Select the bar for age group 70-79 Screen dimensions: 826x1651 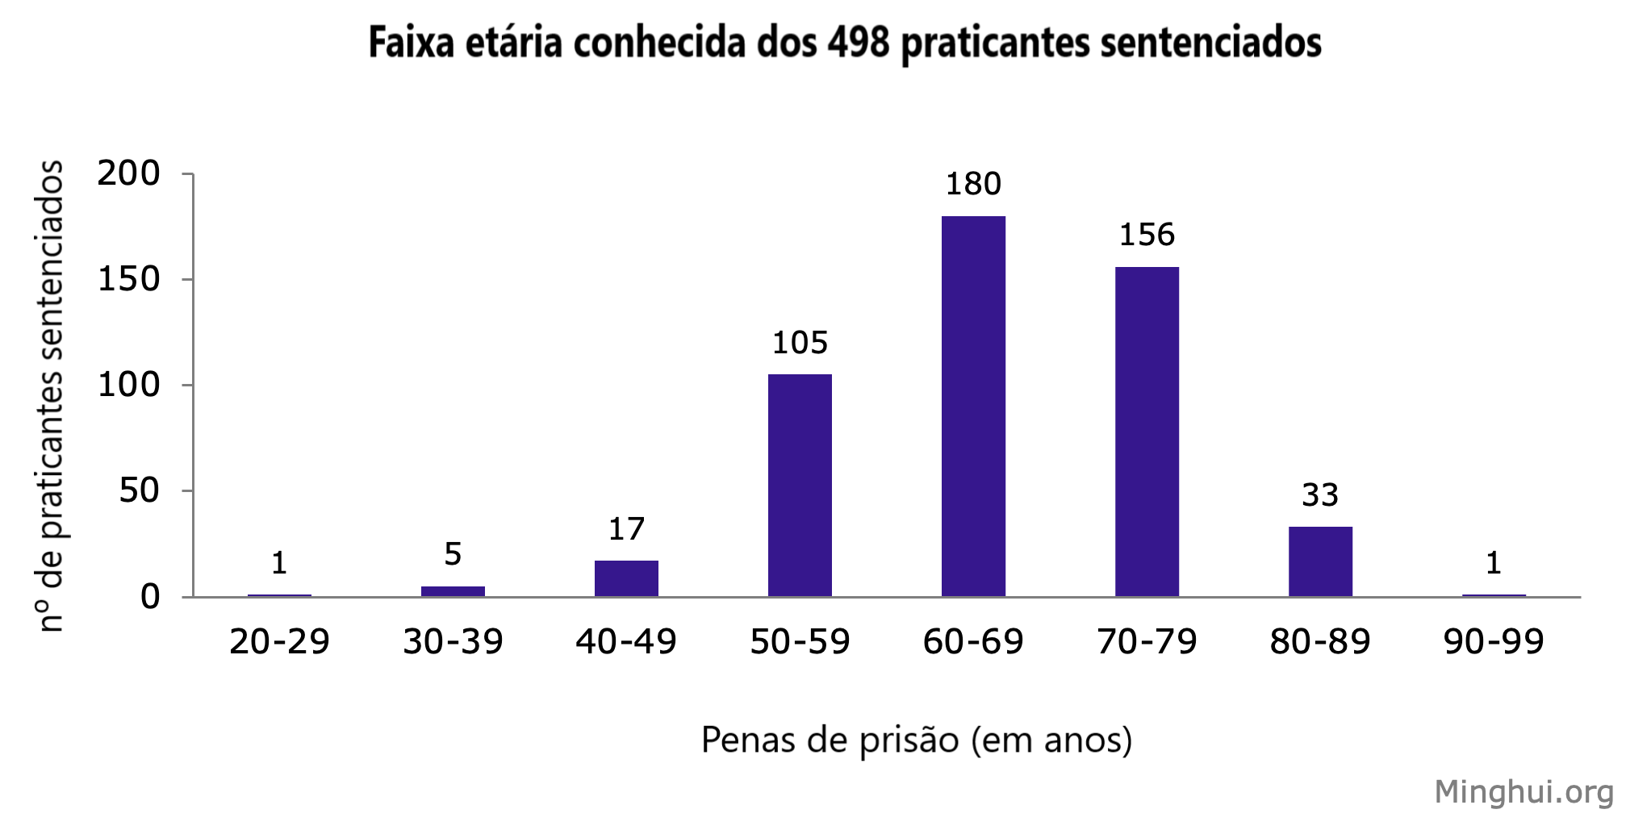coord(1147,432)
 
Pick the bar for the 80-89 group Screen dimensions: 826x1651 coord(1320,561)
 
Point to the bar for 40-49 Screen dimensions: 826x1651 coord(626,578)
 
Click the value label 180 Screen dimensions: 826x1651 coord(973,185)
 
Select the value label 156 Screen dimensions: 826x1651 coord(1147,236)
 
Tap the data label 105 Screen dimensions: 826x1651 coord(800,344)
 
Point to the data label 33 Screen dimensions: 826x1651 coord(1320,495)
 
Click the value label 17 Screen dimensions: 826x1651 coord(626,529)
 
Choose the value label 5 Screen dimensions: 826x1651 coord(453,554)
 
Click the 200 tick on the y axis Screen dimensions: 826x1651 coord(129,173)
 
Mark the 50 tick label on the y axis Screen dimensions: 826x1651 coord(139,490)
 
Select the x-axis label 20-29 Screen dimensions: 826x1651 coord(279,642)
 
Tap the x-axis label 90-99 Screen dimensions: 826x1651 coord(1494,642)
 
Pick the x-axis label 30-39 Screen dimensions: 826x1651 coord(453,642)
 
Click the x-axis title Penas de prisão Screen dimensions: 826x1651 coord(917,740)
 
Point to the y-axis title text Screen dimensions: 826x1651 coord(51,395)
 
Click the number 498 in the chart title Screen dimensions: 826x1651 coord(859,43)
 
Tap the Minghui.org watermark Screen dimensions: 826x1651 coord(1524,792)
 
